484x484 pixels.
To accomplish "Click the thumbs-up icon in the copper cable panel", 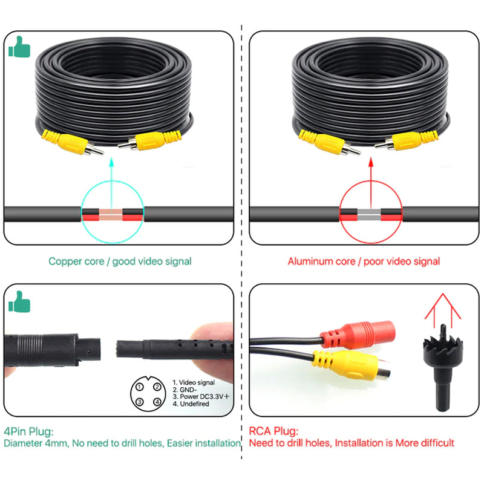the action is pyautogui.click(x=19, y=47).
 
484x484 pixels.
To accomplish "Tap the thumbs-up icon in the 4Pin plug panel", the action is pyautogui.click(x=19, y=301).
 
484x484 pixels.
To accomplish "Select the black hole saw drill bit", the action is pyautogui.click(x=443, y=368).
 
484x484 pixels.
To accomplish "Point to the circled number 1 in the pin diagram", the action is pyautogui.click(x=140, y=387).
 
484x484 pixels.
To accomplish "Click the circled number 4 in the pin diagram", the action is pyautogui.click(x=157, y=402).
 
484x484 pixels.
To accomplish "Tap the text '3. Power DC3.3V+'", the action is pyautogui.click(x=201, y=397).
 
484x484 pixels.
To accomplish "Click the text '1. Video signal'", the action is pyautogui.click(x=194, y=382).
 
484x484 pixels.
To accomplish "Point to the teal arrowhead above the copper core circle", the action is pyautogui.click(x=112, y=163).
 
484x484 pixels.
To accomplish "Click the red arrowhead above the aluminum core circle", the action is pyautogui.click(x=371, y=163).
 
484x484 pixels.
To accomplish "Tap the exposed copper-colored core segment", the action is pyautogui.click(x=111, y=215).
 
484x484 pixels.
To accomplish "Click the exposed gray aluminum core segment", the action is pyautogui.click(x=369, y=215).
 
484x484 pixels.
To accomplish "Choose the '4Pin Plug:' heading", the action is pyautogui.click(x=28, y=431).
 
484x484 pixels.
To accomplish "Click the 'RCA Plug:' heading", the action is pyautogui.click(x=273, y=431).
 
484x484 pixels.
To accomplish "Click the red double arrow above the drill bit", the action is pyautogui.click(x=443, y=310).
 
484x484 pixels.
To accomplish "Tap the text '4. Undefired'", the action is pyautogui.click(x=191, y=404).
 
